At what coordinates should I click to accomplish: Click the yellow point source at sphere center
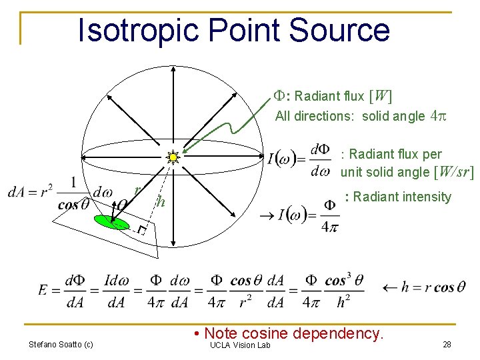173,157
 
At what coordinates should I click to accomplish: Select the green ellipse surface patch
112,221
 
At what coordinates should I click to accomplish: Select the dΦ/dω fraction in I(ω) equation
321,161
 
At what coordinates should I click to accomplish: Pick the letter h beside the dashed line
159,202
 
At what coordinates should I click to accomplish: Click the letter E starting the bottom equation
43,289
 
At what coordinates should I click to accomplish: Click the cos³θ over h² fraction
344,291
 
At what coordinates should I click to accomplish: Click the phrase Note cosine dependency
294,333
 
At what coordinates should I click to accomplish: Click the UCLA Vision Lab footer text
239,345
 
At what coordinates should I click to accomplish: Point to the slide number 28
446,345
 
